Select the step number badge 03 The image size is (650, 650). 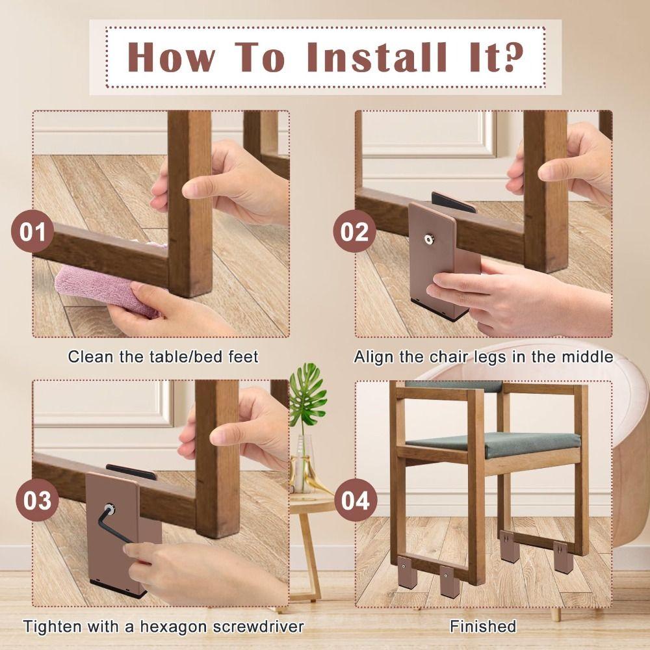[x=37, y=502]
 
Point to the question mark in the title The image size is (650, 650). [x=511, y=57]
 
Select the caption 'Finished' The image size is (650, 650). [x=483, y=626]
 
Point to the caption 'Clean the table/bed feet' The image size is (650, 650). [x=163, y=356]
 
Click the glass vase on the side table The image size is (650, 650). [x=302, y=465]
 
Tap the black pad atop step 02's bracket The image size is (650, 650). [x=452, y=202]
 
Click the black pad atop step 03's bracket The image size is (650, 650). [x=130, y=471]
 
